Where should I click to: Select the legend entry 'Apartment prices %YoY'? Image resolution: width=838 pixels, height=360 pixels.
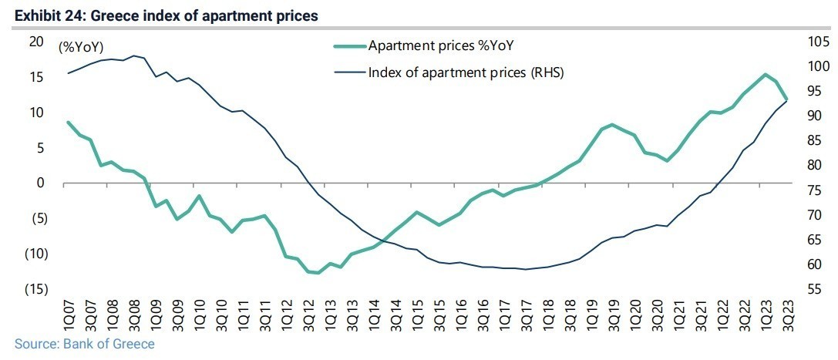[x=440, y=45]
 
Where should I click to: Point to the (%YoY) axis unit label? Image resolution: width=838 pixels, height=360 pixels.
[x=81, y=48]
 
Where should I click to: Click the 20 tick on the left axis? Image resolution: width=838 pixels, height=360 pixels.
[x=36, y=42]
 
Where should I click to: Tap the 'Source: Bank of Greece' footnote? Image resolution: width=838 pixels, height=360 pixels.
[x=84, y=344]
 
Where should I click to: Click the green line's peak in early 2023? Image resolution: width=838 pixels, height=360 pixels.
[x=764, y=75]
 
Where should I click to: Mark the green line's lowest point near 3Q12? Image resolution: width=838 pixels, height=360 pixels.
[x=317, y=273]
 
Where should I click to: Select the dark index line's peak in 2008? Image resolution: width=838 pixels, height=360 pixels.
[x=134, y=56]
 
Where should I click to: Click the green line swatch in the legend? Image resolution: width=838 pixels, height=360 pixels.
[x=348, y=46]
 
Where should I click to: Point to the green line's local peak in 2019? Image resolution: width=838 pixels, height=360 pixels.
[x=611, y=124]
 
